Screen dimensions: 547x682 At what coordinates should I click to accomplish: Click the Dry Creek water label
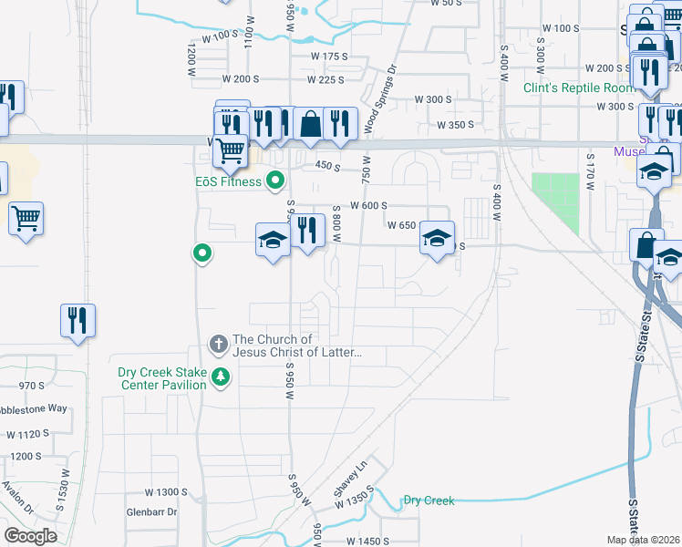(x=429, y=501)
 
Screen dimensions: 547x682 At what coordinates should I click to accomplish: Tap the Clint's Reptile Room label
(x=579, y=88)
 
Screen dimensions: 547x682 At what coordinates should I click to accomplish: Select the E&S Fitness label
(x=228, y=181)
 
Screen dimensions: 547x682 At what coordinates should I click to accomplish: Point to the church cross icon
(x=218, y=345)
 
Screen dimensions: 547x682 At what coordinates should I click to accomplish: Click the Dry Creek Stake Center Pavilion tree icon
(x=219, y=377)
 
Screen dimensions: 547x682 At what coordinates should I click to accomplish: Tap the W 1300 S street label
(x=165, y=491)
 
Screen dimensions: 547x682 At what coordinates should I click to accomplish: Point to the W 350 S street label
(x=458, y=125)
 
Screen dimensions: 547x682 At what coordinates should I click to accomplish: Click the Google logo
(x=30, y=535)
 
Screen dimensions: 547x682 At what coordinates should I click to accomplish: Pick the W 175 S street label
(x=329, y=57)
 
